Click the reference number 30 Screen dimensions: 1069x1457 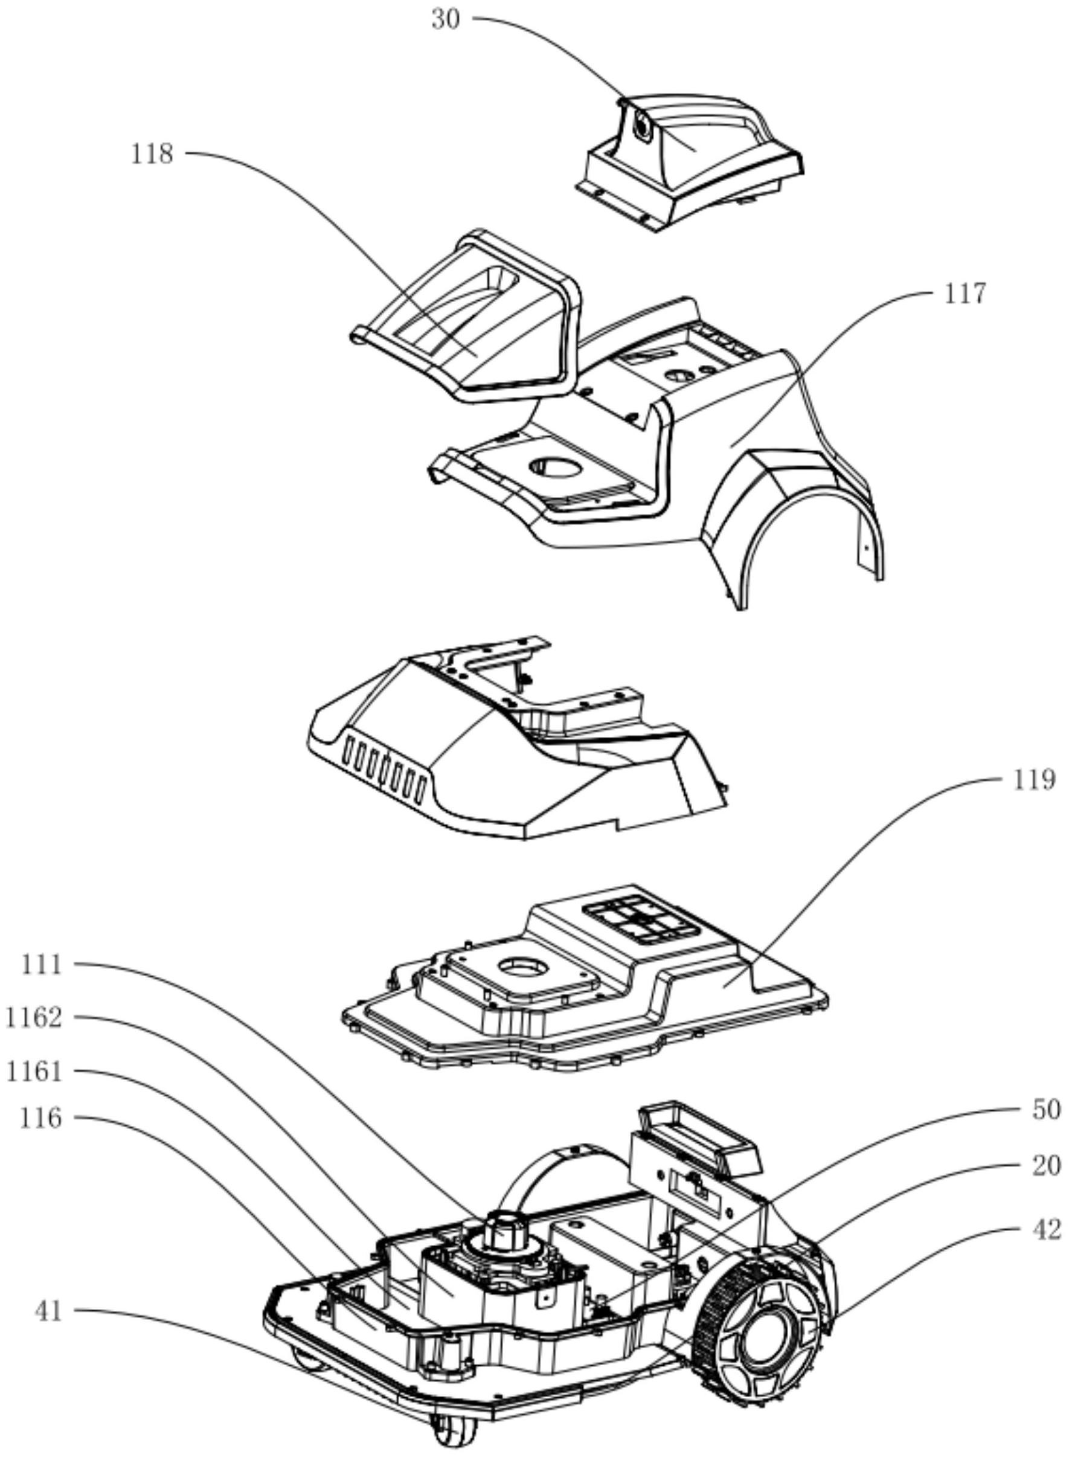[446, 19]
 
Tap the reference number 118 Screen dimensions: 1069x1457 [152, 154]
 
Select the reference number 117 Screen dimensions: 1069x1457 [964, 295]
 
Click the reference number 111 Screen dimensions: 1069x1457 [42, 965]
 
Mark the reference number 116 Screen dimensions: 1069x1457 [42, 1119]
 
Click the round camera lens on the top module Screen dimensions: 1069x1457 [642, 126]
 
